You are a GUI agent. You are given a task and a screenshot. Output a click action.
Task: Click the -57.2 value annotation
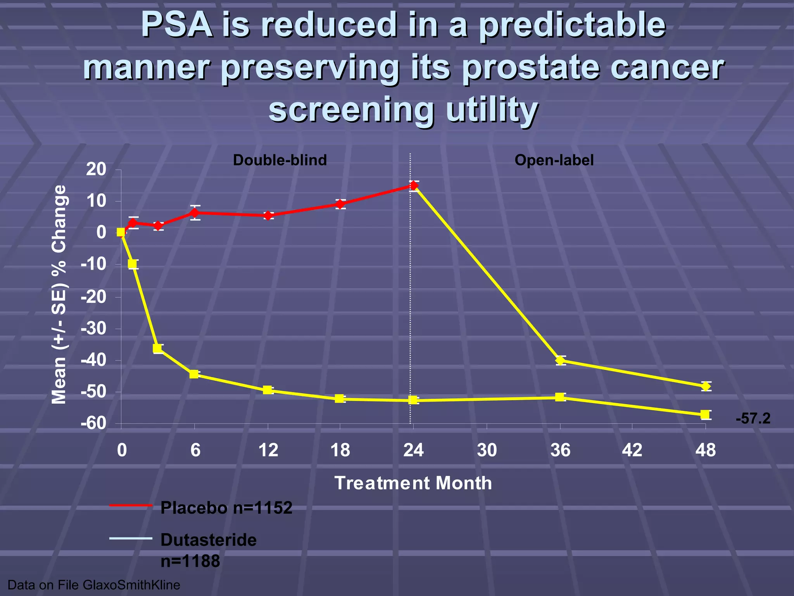click(x=753, y=419)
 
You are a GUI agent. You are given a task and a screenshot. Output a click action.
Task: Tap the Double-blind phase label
click(x=280, y=160)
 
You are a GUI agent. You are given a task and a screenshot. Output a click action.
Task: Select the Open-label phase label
click(x=554, y=160)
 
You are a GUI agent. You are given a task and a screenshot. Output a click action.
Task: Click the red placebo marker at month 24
click(x=414, y=186)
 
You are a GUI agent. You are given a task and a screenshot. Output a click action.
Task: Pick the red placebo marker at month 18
click(x=340, y=204)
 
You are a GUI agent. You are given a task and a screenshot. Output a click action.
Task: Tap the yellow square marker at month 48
click(x=705, y=415)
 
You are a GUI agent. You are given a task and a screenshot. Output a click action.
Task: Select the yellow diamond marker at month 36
click(x=560, y=360)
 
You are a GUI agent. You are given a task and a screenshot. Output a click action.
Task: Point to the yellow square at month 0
click(x=121, y=232)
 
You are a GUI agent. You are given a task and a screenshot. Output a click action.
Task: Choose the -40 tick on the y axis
click(x=93, y=360)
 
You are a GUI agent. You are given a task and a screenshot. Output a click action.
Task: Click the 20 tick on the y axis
click(x=96, y=170)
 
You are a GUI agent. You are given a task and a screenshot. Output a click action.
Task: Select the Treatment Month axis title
click(x=413, y=483)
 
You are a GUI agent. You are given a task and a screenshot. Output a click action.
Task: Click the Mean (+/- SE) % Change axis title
click(x=59, y=295)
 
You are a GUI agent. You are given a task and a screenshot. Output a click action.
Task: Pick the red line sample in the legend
click(x=131, y=505)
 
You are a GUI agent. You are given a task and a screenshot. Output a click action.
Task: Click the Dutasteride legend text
click(x=209, y=540)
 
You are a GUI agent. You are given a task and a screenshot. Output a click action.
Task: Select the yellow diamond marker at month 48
click(x=706, y=386)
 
